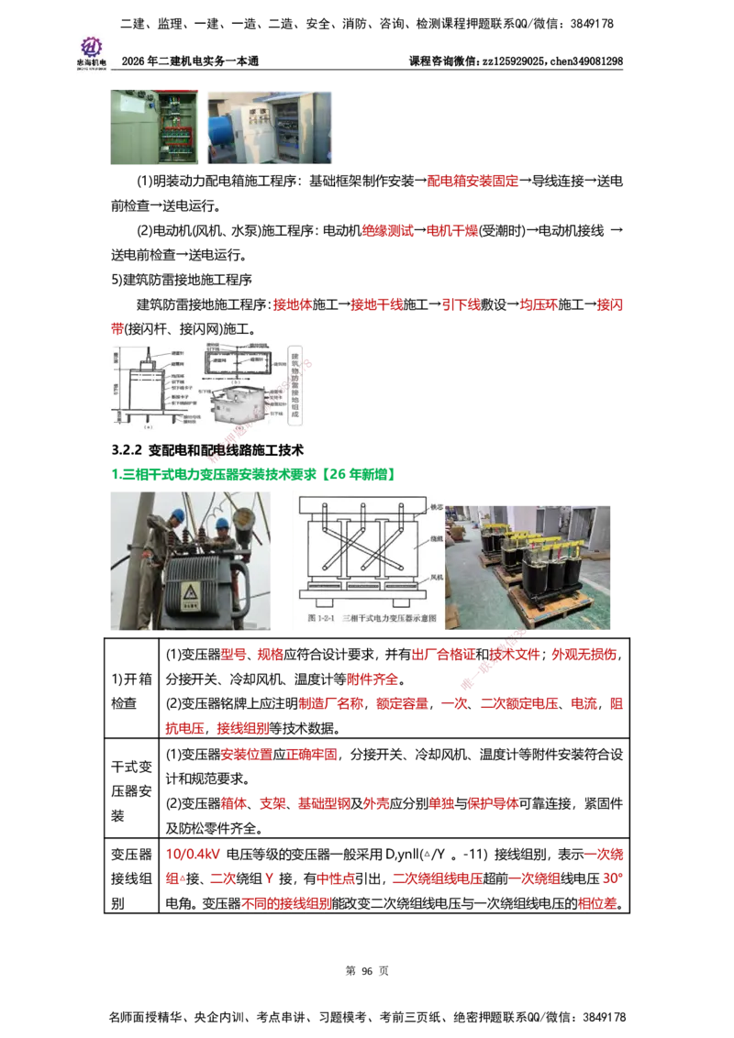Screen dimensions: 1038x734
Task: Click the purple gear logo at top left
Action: (x=91, y=45)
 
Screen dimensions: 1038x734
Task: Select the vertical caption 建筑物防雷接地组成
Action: (x=295, y=384)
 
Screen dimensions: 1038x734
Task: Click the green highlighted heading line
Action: (x=253, y=474)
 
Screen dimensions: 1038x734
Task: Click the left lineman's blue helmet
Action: (x=178, y=516)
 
